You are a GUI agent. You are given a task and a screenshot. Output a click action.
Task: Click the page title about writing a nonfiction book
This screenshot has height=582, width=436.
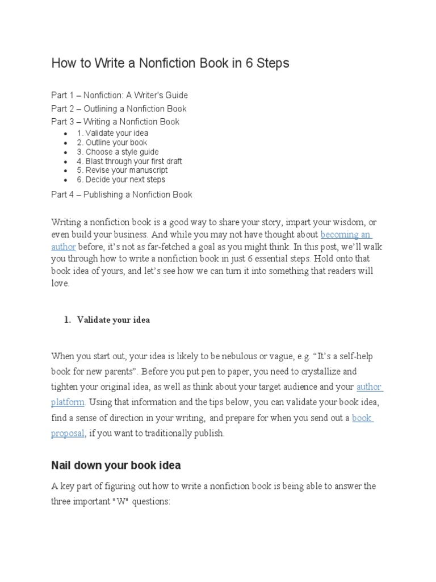(170, 63)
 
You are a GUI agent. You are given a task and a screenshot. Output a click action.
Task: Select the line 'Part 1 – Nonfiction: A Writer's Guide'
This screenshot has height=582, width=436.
(119, 95)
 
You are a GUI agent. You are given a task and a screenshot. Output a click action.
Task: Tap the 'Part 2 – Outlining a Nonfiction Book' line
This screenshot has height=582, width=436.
(119, 109)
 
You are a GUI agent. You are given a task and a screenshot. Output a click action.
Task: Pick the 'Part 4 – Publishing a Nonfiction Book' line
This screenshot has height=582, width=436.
(121, 194)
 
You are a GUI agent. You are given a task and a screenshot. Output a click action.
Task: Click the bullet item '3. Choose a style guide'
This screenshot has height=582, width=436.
(118, 152)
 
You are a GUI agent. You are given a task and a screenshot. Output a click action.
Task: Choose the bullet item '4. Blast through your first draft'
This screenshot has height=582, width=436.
(129, 161)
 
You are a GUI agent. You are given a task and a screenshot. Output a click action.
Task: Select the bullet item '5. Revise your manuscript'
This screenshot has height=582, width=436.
(122, 170)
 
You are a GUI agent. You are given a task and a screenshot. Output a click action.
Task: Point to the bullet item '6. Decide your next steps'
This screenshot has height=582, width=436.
(121, 180)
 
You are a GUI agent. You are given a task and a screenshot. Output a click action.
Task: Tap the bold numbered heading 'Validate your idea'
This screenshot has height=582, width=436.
(114, 320)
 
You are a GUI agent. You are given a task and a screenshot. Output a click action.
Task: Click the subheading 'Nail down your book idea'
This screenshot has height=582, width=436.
(116, 465)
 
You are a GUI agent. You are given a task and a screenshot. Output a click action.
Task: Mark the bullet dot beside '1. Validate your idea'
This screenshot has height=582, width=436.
(67, 134)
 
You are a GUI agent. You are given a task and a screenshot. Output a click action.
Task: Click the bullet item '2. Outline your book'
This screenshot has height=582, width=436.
(112, 143)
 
